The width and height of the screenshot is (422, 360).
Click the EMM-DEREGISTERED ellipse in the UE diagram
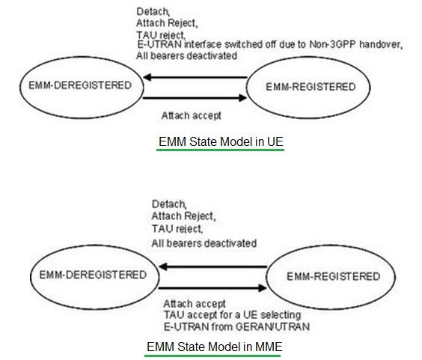[x=74, y=85]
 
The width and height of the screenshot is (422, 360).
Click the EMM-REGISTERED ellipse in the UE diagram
[x=311, y=88]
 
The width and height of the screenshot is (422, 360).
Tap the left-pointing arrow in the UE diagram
[x=195, y=76]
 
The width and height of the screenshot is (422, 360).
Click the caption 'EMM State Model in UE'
[x=221, y=141]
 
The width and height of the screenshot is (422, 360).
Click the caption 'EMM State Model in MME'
[x=214, y=347]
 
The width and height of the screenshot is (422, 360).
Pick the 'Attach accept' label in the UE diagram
[x=192, y=116]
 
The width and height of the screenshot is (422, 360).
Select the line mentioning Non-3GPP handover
[x=269, y=45]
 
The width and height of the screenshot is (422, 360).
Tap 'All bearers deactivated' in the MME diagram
[x=204, y=243]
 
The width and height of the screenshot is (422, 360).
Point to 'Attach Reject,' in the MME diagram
[x=183, y=216]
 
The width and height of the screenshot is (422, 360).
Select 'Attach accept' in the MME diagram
[x=194, y=304]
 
